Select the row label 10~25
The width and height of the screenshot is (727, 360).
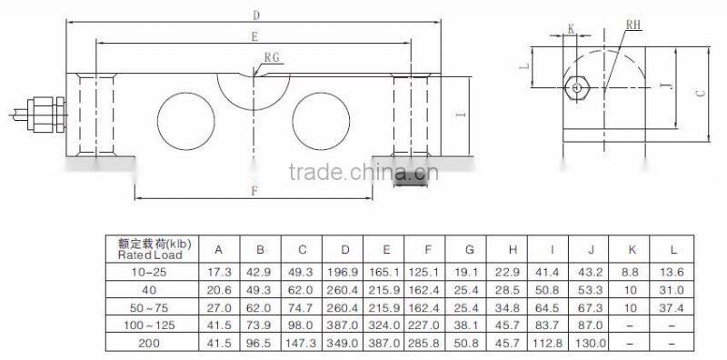147,272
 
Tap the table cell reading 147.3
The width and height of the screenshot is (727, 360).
302,345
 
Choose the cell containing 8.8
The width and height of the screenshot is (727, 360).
632,272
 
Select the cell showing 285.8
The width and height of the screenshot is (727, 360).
425,345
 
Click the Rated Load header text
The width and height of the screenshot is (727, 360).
151,255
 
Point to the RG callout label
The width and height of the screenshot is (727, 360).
272,57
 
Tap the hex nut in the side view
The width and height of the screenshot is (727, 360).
575,87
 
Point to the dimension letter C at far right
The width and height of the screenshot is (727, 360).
699,93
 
